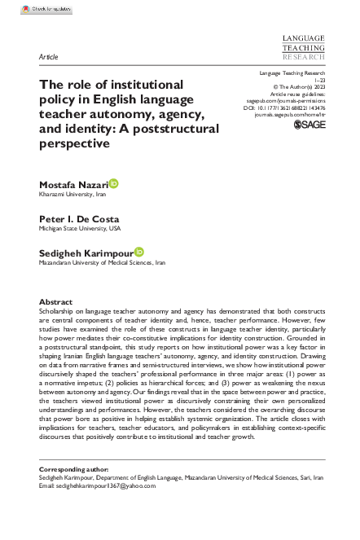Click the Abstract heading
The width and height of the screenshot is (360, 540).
[56, 301]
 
